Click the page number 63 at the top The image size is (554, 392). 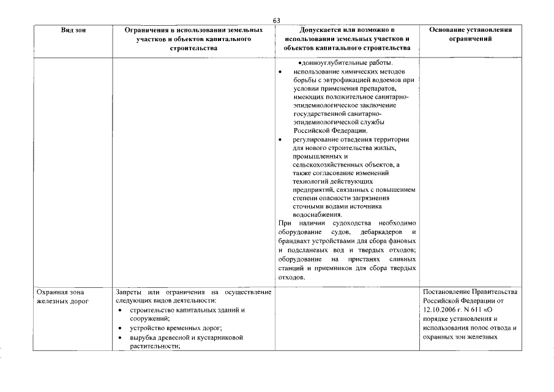[x=277, y=21]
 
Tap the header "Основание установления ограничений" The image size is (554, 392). [x=470, y=34]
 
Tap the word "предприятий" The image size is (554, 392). [x=313, y=190]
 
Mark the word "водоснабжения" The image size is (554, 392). [x=318, y=215]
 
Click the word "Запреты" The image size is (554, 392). [x=129, y=292]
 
